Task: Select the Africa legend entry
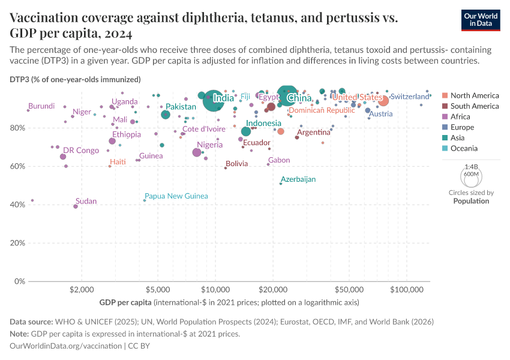[x=461, y=117]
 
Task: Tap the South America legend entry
[x=474, y=106]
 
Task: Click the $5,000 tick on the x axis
[x=158, y=290]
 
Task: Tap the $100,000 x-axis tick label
[x=407, y=290]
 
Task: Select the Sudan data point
[x=76, y=206]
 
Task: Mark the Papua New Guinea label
[x=176, y=196]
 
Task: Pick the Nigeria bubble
[x=197, y=152]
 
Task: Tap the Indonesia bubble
[x=246, y=131]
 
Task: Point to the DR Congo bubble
[x=63, y=157]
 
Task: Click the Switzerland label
[x=410, y=97]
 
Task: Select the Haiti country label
[x=118, y=162]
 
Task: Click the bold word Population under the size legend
[x=471, y=201]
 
